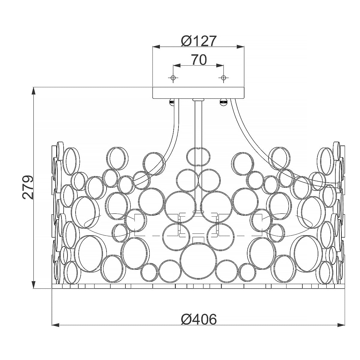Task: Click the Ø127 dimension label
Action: click(199, 41)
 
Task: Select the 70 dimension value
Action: click(199, 60)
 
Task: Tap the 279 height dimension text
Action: click(28, 187)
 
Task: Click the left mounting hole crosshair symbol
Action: click(173, 77)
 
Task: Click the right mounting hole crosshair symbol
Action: click(223, 77)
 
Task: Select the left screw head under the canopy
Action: click(172, 102)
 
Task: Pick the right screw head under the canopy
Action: click(223, 102)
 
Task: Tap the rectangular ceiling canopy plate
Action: click(198, 93)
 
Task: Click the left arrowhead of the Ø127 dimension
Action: click(157, 47)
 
